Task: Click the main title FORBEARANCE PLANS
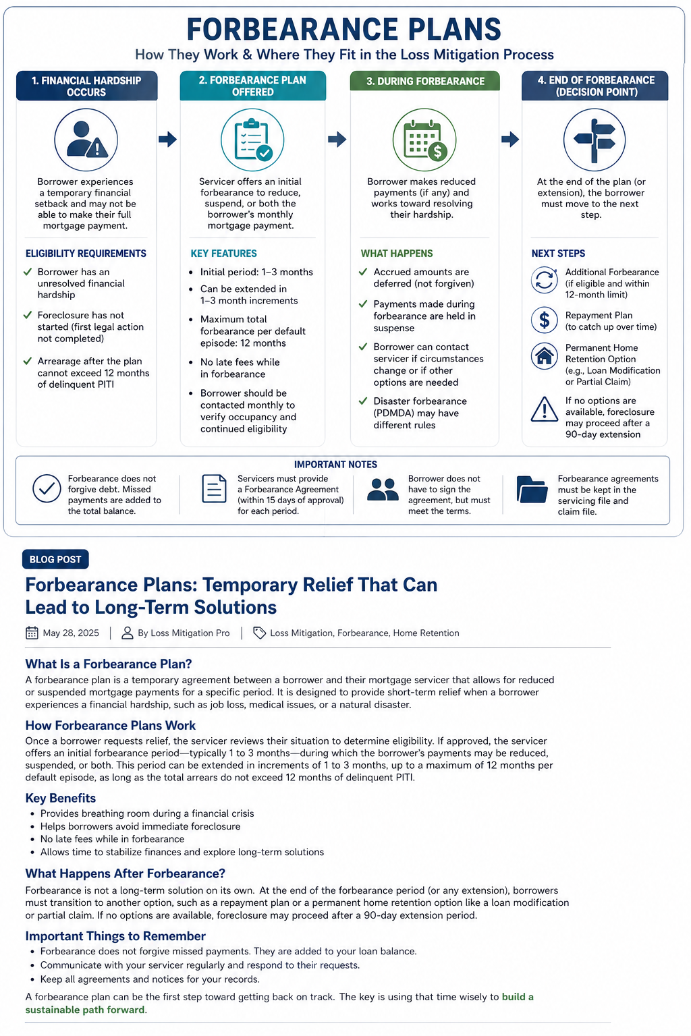tap(344, 30)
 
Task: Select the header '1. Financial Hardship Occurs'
tap(86, 86)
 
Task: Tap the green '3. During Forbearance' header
tap(425, 81)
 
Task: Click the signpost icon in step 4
tap(595, 140)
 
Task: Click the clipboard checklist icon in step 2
tap(252, 140)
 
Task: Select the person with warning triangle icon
tap(86, 140)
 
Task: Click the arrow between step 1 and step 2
tap(167, 140)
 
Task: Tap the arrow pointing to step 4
tap(510, 140)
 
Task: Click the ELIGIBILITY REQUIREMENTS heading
tap(86, 254)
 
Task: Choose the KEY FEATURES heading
tap(223, 254)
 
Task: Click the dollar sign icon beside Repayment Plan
tap(544, 320)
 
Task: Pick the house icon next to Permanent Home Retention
tap(544, 355)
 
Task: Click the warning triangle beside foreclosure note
tap(544, 409)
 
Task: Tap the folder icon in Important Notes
tap(532, 490)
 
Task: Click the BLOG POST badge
tap(55, 559)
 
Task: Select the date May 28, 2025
tap(71, 633)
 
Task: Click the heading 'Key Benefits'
tap(61, 798)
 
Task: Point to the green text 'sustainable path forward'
tap(86, 1010)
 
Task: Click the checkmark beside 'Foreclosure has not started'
tap(28, 315)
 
